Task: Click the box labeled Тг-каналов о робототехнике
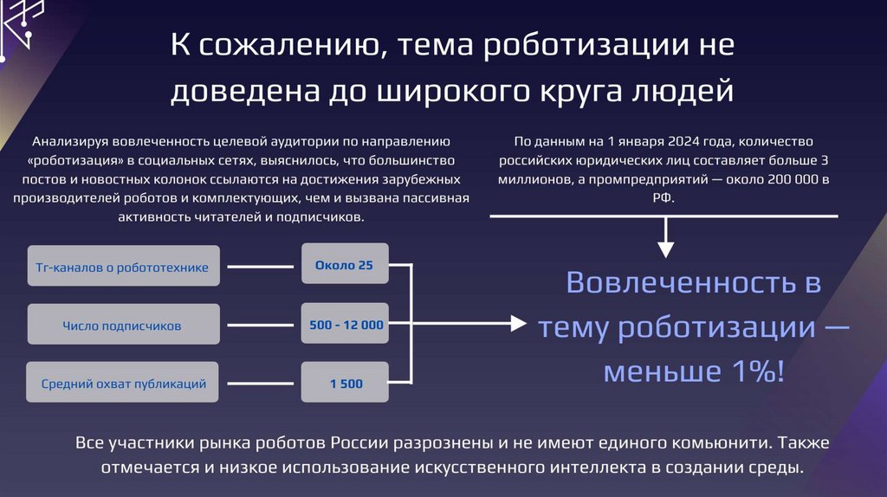coord(123,268)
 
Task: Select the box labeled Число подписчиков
coord(123,326)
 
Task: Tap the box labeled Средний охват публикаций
coord(123,383)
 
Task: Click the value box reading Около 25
coord(345,265)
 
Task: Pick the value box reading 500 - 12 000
coord(345,326)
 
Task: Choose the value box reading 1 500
coord(345,383)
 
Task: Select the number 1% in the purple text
coord(754,371)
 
